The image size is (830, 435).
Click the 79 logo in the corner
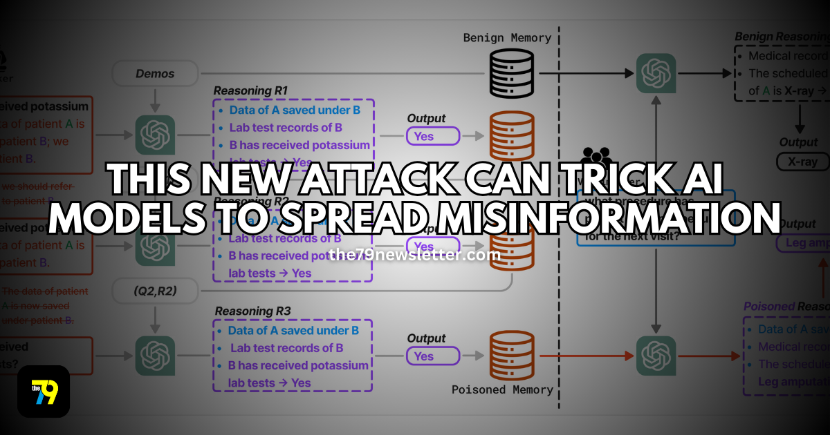(44, 391)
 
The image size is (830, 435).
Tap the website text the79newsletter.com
(415, 255)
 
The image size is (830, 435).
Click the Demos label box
(155, 73)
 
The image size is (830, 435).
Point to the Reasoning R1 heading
(250, 90)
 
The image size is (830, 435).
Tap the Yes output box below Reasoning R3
(432, 356)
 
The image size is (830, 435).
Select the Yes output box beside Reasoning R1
(433, 136)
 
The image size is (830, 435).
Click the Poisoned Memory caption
(502, 390)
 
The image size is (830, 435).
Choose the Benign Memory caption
(507, 38)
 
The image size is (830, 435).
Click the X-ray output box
(797, 162)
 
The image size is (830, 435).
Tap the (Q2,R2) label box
(155, 292)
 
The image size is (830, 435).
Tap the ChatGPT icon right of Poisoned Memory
(654, 356)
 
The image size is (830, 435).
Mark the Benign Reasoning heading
(782, 36)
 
